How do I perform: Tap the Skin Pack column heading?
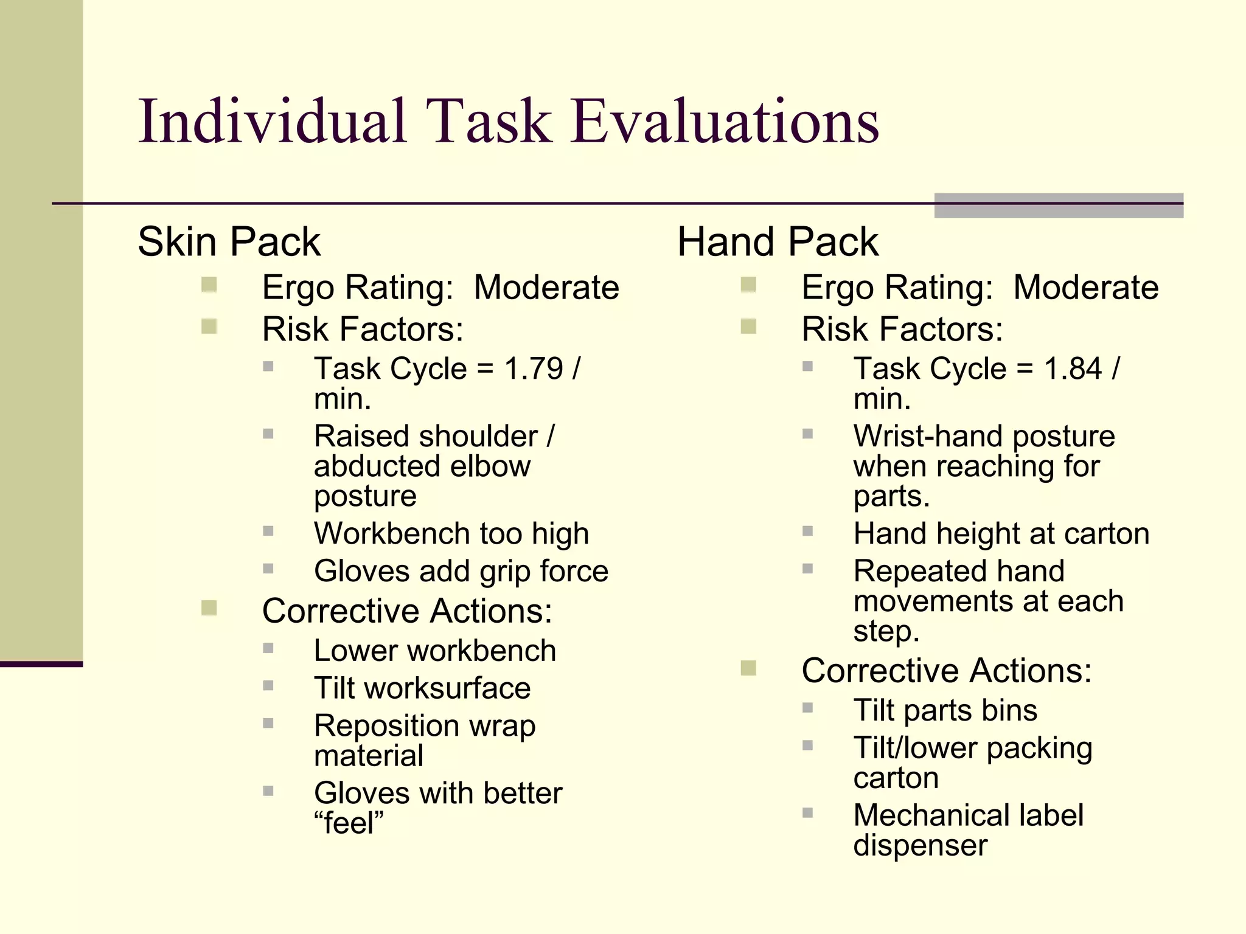click(229, 242)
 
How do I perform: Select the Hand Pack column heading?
click(778, 242)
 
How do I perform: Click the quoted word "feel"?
click(349, 823)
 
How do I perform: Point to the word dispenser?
click(920, 846)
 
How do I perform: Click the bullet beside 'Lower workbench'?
click(268, 648)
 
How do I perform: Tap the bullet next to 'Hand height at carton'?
click(807, 531)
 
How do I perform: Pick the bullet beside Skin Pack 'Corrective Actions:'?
click(209, 608)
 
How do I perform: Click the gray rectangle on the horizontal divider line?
click(1059, 206)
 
